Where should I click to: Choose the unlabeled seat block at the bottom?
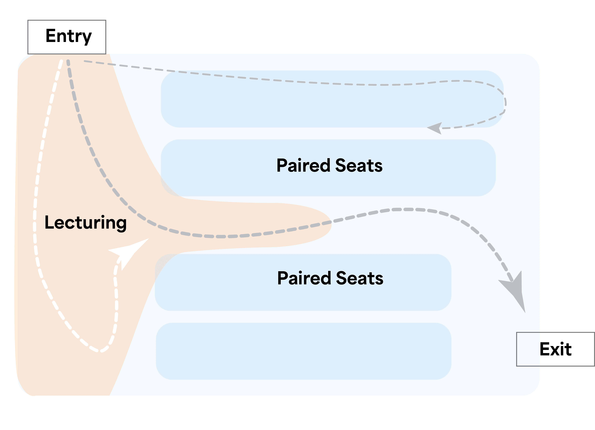click(304, 351)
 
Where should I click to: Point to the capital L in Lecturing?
click(50, 222)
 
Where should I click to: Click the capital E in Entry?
click(51, 36)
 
